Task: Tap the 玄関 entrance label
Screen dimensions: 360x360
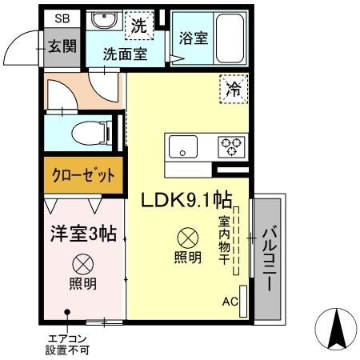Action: (61, 46)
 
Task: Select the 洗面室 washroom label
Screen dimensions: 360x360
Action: (123, 55)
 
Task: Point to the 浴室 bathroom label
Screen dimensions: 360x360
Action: (194, 38)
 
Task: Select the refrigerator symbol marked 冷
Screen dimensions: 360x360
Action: (232, 91)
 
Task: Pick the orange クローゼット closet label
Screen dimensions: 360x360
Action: (83, 175)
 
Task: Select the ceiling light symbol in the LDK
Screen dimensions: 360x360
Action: (188, 238)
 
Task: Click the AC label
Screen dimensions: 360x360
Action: (230, 302)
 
